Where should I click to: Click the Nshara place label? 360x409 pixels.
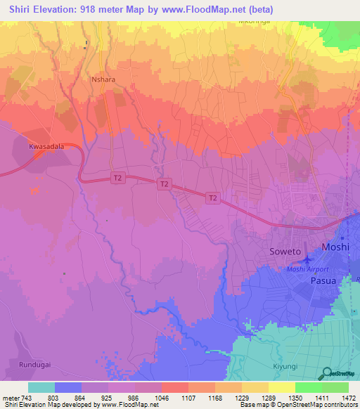[x=103, y=80]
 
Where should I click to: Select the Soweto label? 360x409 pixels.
[x=285, y=251]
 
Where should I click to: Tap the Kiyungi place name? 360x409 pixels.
[x=285, y=366]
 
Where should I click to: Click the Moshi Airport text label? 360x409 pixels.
[x=308, y=269]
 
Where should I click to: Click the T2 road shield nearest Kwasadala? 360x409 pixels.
[x=117, y=179]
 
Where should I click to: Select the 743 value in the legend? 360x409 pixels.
[x=22, y=397]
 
